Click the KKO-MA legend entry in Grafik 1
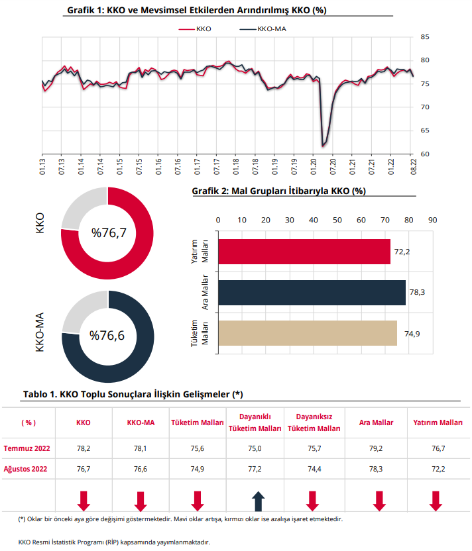tap(263, 29)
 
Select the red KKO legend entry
tap(195, 29)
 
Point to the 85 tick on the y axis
tap(425, 37)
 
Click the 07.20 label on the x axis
tap(333, 166)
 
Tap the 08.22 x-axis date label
tap(414, 166)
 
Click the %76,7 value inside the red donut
tap(109, 232)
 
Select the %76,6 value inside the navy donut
tap(107, 336)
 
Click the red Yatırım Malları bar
tap(304, 252)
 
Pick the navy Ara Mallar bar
tap(312, 292)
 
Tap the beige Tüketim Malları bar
tap(308, 333)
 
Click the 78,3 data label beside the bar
tap(417, 292)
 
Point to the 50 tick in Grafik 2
tap(337, 220)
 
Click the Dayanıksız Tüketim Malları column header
tap(314, 423)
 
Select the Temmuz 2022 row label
tap(27, 448)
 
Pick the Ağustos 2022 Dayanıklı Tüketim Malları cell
tap(255, 469)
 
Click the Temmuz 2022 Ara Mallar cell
tap(376, 448)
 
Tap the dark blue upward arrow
tap(258, 501)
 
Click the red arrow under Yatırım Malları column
tap(436, 501)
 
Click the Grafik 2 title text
tap(279, 191)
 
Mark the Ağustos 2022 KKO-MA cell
tap(141, 469)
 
